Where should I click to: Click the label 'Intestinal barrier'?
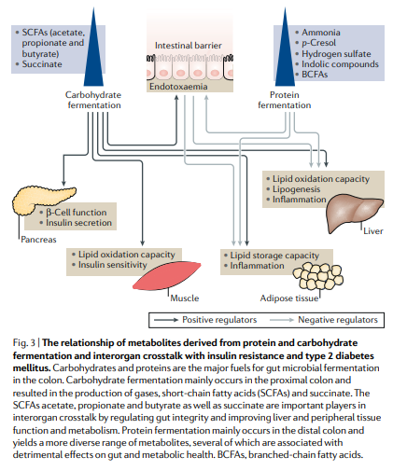tap(187, 45)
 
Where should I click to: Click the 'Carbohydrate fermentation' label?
tap(93, 101)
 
